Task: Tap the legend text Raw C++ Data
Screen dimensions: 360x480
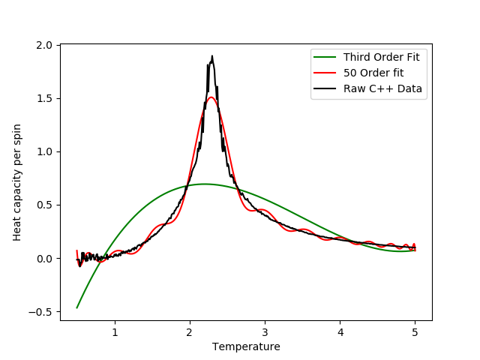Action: click(382, 89)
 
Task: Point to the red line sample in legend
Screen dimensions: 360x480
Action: click(326, 73)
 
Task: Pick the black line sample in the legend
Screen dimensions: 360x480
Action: click(326, 89)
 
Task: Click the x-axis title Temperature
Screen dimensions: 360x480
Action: click(246, 346)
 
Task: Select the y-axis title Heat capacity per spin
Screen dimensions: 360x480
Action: click(17, 183)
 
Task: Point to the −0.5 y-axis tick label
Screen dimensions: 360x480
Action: click(43, 312)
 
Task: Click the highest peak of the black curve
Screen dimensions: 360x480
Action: click(212, 55)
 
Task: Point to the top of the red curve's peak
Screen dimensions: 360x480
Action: click(211, 97)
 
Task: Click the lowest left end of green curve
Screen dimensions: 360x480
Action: click(77, 307)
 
